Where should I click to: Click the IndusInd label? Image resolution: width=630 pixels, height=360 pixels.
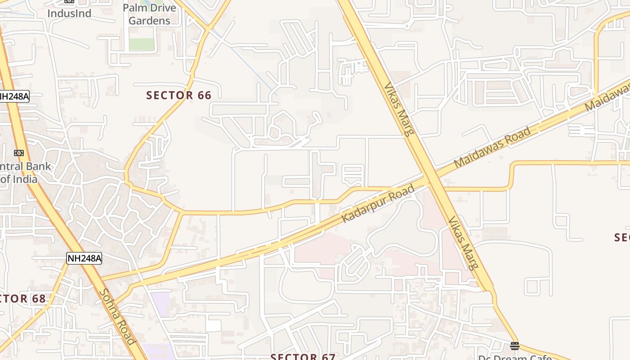click(x=69, y=13)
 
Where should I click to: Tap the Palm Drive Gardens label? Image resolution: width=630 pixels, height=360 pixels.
click(x=149, y=14)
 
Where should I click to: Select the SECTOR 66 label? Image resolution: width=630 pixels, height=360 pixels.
click(x=179, y=95)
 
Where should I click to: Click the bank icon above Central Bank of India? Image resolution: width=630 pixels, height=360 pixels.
click(x=19, y=153)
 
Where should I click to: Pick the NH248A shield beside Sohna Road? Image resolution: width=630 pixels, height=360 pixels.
click(x=84, y=258)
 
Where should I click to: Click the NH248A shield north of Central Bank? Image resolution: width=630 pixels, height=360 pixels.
click(x=13, y=96)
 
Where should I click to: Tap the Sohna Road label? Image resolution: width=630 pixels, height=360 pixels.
click(x=117, y=316)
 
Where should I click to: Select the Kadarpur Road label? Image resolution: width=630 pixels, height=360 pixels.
click(x=378, y=203)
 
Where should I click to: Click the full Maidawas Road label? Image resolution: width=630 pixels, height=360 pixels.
click(x=492, y=148)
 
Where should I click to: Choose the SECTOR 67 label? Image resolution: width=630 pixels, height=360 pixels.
click(x=303, y=356)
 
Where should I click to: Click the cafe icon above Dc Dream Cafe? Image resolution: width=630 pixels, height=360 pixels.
click(x=515, y=346)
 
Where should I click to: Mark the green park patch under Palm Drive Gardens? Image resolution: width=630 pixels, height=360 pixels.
click(x=142, y=44)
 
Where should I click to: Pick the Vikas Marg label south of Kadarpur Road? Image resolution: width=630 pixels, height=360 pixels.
click(x=463, y=243)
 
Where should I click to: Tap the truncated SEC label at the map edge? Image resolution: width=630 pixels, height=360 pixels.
click(x=622, y=237)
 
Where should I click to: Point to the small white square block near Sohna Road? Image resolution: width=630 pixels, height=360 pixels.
click(x=214, y=325)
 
